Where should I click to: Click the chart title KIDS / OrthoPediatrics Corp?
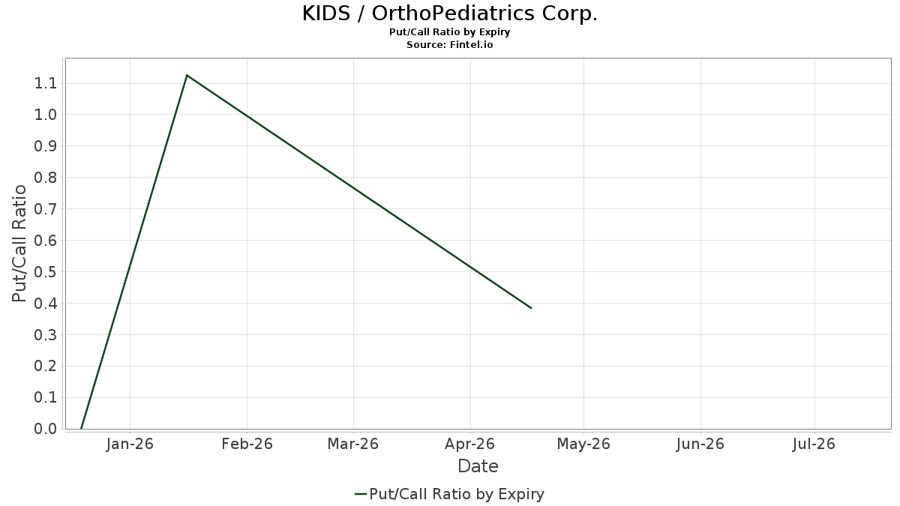(x=450, y=14)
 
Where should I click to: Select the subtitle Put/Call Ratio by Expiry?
(x=450, y=32)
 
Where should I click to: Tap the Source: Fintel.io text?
(x=450, y=45)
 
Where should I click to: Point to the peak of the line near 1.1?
(x=187, y=75)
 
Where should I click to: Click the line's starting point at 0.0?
(x=81, y=428)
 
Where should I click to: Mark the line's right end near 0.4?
(x=531, y=308)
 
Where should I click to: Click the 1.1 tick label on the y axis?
(x=46, y=83)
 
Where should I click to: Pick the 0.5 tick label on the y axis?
(x=46, y=272)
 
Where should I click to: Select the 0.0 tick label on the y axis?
(x=46, y=429)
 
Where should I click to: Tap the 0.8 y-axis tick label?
(x=46, y=178)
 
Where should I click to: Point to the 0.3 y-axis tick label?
(x=46, y=335)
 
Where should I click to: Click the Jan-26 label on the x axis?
(x=130, y=444)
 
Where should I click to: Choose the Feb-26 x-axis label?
(x=247, y=444)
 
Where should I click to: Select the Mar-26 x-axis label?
(x=353, y=444)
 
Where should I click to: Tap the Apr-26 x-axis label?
(x=469, y=444)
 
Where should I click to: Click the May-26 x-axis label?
(x=584, y=444)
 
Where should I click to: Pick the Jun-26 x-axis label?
(x=700, y=444)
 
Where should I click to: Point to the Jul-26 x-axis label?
(x=814, y=444)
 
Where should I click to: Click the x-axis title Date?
(x=478, y=466)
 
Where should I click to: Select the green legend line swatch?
(x=360, y=494)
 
